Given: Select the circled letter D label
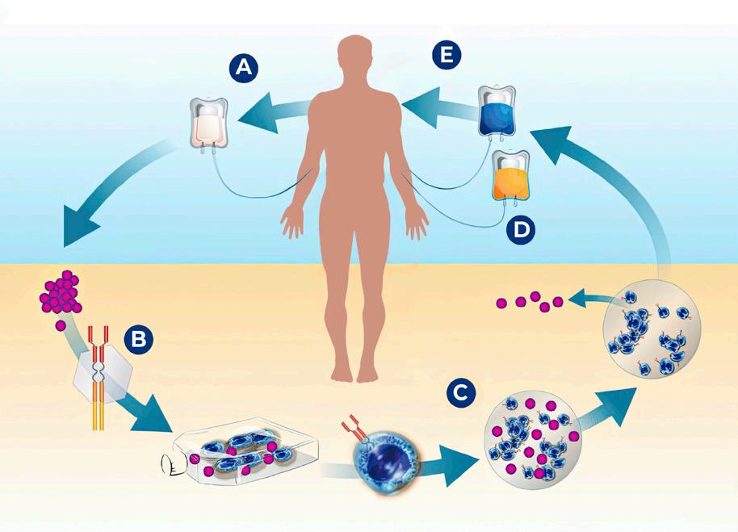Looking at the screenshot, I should tap(522, 229).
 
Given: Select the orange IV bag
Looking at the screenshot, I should tap(509, 177).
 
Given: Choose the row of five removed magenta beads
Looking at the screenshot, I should tap(530, 303).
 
